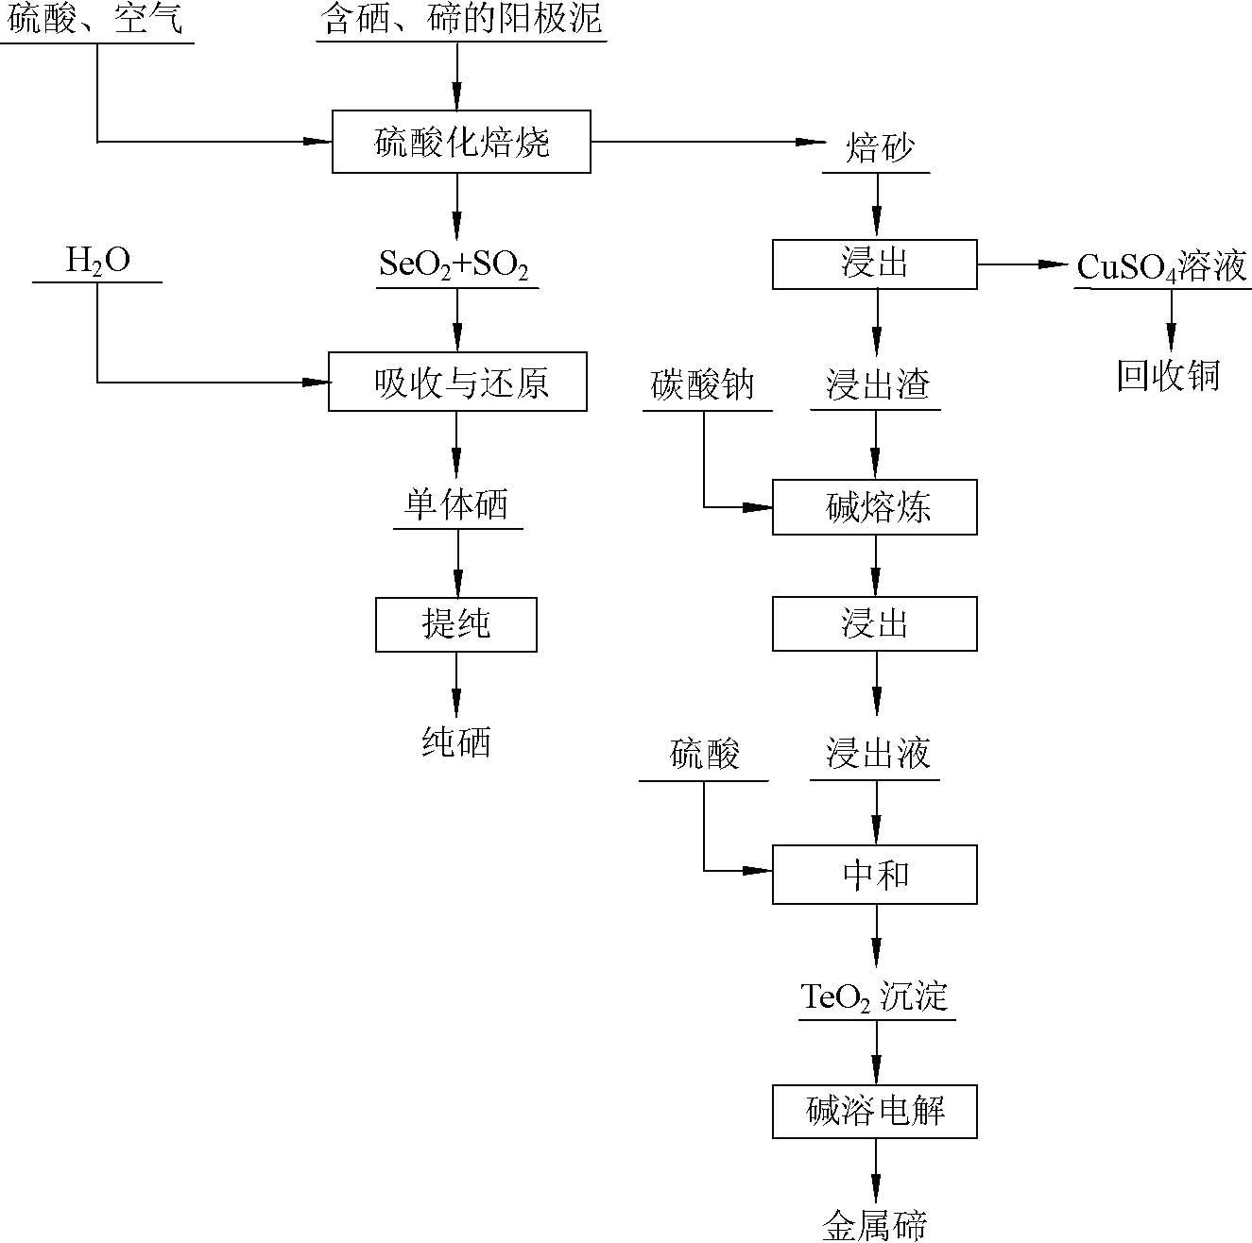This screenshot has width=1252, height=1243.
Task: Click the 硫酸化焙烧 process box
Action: point(461,142)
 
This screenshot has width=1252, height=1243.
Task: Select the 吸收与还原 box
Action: point(457,382)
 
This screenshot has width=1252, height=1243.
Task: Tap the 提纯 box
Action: point(455,624)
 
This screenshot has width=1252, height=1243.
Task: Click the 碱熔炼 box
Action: point(874,507)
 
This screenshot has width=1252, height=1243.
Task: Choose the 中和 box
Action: point(874,875)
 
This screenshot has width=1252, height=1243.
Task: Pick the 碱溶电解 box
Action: point(874,1111)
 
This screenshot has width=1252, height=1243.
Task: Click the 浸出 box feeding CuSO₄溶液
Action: point(874,264)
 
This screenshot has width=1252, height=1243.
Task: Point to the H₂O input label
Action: point(97,262)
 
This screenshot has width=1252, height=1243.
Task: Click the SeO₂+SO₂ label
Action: point(454,265)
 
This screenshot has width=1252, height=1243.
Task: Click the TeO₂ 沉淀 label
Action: point(874,996)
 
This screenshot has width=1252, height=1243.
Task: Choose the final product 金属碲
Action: point(874,1225)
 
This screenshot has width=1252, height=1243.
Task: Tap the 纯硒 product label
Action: point(455,742)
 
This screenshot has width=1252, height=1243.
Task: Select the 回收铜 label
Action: point(1169,376)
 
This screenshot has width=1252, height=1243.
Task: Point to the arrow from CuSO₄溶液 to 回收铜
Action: point(1172,321)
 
